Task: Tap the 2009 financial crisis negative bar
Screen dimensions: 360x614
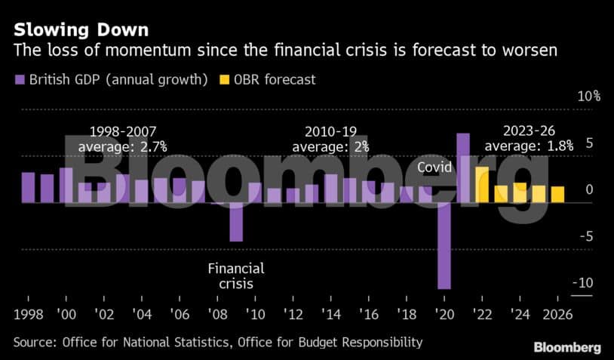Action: coord(236,222)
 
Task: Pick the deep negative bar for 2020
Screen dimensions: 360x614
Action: coord(444,245)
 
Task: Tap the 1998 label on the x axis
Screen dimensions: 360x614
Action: coord(29,313)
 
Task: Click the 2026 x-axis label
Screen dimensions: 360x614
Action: coord(557,313)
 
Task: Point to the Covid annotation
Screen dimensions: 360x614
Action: coord(434,168)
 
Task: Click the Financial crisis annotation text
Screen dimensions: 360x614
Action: coord(236,276)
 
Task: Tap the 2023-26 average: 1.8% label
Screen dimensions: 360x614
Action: coord(529,138)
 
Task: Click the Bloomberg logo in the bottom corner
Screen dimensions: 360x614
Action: coord(567,347)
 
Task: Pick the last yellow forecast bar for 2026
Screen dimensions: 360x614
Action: coord(557,195)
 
